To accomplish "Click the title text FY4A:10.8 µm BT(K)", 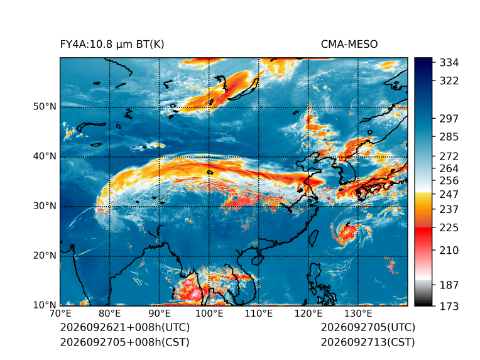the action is (x=112, y=45).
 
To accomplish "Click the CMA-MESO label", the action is (x=349, y=45).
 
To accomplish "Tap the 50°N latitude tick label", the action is (x=45, y=107).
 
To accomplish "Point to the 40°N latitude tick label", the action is (x=45, y=156).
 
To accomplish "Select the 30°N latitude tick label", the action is (x=45, y=206).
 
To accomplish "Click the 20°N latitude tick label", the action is (x=45, y=256).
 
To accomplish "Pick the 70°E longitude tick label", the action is (x=60, y=314).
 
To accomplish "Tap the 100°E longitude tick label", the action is (x=209, y=314).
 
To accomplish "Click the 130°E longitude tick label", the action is (x=358, y=314).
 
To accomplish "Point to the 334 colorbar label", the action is (x=449, y=63).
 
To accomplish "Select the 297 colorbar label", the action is (x=449, y=119).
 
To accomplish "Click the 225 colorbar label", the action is (x=449, y=228).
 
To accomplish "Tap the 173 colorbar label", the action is (x=449, y=306).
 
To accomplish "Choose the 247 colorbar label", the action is (x=449, y=194).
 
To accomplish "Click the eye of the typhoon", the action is (x=347, y=232).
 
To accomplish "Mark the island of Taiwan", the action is (x=313, y=239).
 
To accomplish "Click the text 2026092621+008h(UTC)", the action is (x=125, y=327).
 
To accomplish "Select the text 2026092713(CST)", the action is (x=368, y=342).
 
